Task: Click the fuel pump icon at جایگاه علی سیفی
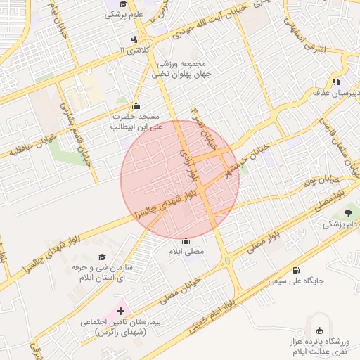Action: coord(295,271)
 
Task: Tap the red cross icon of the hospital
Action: coord(120,310)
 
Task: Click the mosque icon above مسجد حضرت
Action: coord(136,105)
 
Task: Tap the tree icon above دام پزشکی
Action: coord(349,213)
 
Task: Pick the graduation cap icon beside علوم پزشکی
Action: coord(112,4)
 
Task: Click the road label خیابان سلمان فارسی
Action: coord(335,137)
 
